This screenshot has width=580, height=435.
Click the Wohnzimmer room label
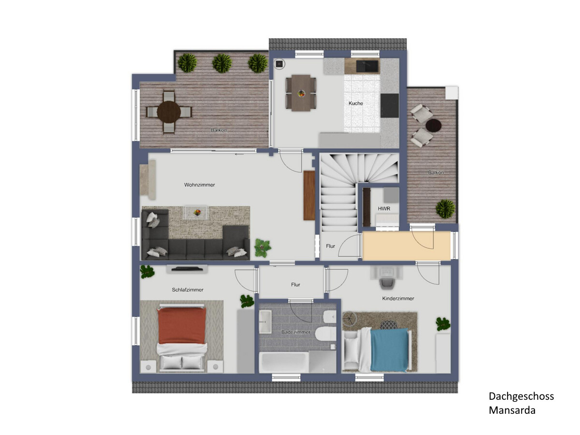click(x=200, y=185)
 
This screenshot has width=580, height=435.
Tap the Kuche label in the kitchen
click(x=356, y=103)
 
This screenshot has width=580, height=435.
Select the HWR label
click(x=384, y=209)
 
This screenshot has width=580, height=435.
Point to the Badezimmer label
click(x=296, y=332)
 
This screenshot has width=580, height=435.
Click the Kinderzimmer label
click(x=398, y=299)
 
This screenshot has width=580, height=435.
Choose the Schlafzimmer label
click(x=188, y=290)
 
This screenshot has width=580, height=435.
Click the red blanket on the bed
click(x=182, y=325)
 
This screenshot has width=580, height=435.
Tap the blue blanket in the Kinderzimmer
click(x=389, y=349)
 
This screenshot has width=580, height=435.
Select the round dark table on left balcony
click(x=169, y=112)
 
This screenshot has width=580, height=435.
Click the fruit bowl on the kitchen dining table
click(x=301, y=93)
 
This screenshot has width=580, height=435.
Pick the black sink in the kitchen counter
click(x=367, y=66)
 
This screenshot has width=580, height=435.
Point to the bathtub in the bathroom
click(x=284, y=362)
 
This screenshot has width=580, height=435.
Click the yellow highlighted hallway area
click(x=406, y=246)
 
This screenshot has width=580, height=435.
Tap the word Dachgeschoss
click(x=521, y=396)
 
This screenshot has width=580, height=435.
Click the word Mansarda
click(x=512, y=410)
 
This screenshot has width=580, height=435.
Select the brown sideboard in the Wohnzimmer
click(x=309, y=195)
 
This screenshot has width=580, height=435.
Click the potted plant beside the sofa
click(x=262, y=247)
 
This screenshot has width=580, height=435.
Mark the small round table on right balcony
click(x=434, y=125)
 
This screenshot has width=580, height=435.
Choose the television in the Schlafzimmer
click(x=187, y=269)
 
